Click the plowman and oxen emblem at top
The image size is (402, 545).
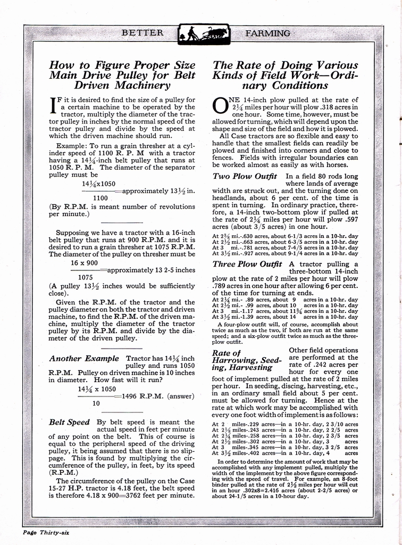tap(202, 34)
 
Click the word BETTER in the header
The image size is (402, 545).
tap(143, 33)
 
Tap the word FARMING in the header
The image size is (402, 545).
tap(267, 33)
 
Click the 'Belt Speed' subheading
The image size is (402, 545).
tap(69, 422)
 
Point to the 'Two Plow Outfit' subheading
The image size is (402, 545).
tap(245, 176)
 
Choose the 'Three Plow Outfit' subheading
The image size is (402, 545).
tap(247, 264)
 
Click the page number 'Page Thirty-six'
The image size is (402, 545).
tap(45, 532)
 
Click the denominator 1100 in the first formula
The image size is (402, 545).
tap(100, 196)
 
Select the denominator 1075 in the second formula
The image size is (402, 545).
tap(86, 277)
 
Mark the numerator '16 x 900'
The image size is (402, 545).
tap(85, 262)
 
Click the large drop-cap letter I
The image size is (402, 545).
tap(53, 105)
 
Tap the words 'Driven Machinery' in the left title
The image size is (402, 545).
tap(122, 85)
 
